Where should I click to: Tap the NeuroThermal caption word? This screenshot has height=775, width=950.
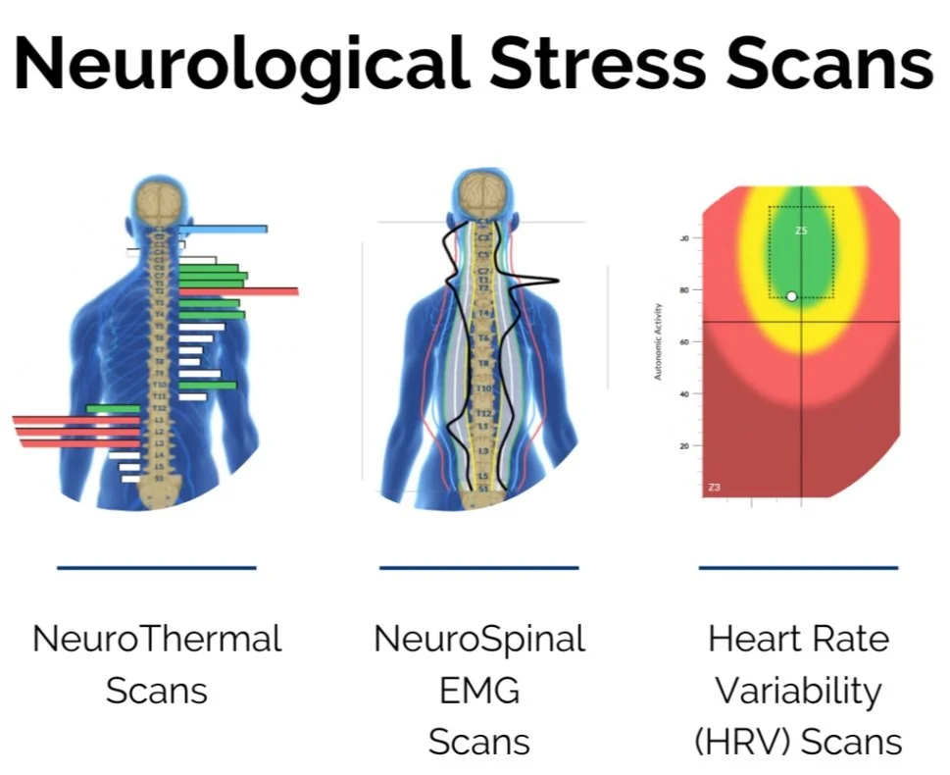157,639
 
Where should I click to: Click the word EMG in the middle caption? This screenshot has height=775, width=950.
479,691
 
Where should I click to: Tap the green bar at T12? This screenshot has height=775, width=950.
114,408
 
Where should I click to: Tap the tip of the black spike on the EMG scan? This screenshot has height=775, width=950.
557,282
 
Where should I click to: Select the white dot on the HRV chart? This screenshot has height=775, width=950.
791,296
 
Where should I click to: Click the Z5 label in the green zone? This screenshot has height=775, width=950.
801,231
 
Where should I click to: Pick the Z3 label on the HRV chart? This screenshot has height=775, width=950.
715,487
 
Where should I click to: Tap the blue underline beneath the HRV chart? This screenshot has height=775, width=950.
798,567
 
